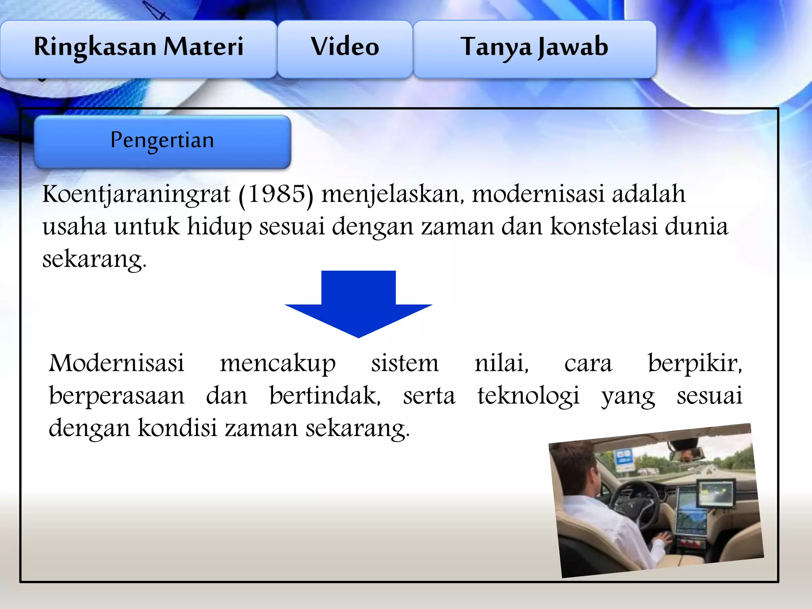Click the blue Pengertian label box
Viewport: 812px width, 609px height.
coord(162,142)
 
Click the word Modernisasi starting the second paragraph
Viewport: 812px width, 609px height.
coord(117,363)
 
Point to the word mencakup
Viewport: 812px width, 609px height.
coord(278,364)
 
